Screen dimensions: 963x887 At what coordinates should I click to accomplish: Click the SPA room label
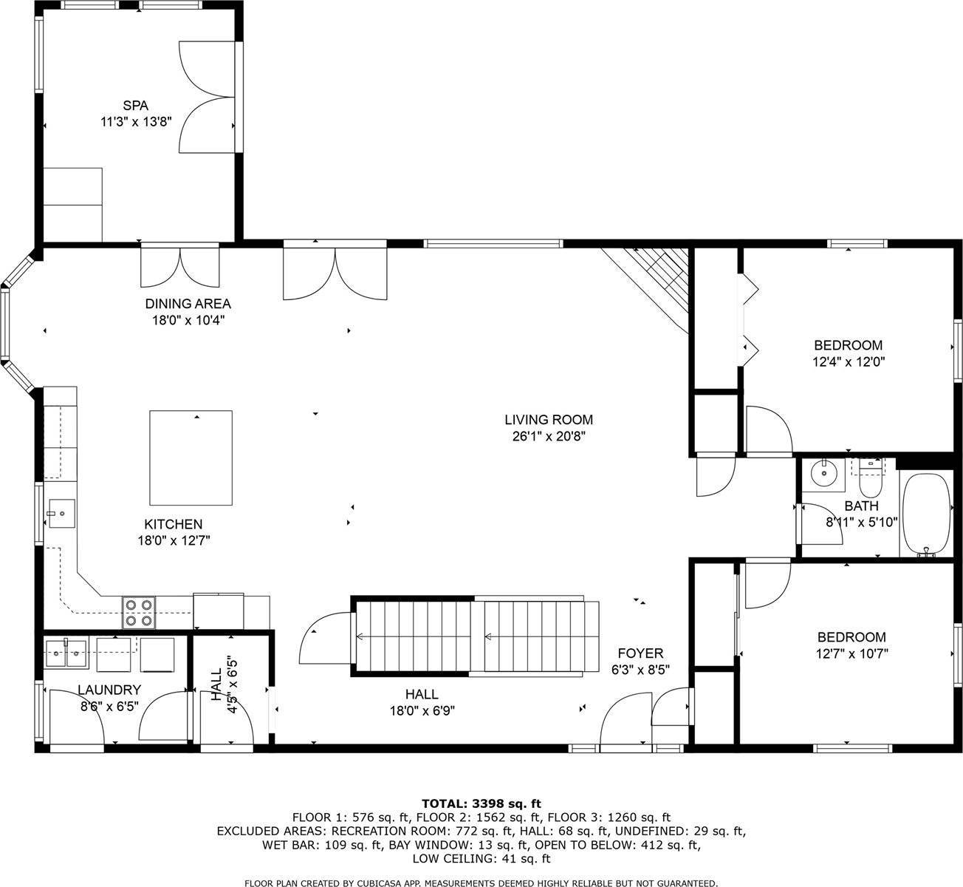click(x=135, y=106)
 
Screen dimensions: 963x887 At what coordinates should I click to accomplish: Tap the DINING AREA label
click(x=188, y=304)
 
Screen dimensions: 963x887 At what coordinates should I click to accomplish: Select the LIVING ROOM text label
click(x=549, y=420)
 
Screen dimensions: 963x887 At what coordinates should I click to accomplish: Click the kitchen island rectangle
click(x=191, y=458)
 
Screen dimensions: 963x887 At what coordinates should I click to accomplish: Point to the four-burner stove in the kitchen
click(x=139, y=613)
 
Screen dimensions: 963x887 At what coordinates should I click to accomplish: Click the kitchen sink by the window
click(x=62, y=514)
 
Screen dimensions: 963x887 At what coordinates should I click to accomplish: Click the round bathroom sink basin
click(x=824, y=473)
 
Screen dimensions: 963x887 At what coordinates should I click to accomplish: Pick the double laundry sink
click(x=66, y=654)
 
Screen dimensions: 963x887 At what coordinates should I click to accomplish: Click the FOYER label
click(x=640, y=653)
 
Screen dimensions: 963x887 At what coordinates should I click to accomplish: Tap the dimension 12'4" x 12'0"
click(x=849, y=361)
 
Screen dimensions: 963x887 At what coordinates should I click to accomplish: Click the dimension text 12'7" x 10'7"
click(x=852, y=653)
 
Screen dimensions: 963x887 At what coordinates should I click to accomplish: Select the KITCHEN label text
click(x=174, y=524)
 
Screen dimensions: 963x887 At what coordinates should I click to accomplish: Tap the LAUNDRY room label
click(x=109, y=690)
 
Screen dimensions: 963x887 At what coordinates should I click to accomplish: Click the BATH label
click(x=862, y=506)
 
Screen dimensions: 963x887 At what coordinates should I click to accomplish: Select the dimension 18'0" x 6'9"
click(x=422, y=710)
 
